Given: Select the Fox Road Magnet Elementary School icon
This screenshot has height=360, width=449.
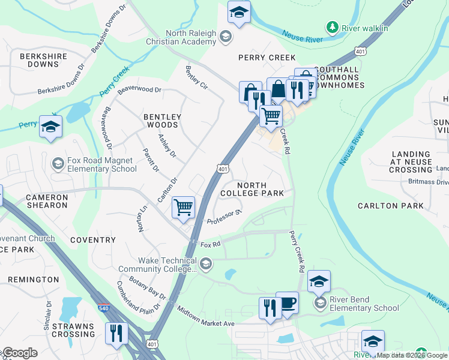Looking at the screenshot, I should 58,163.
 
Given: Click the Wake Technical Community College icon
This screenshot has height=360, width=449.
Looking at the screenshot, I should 206,264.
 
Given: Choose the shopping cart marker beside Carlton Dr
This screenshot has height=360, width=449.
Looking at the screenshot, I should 183,208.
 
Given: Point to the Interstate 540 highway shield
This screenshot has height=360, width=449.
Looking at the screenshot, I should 102,307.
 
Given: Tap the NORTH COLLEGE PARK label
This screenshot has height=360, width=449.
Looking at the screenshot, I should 252,190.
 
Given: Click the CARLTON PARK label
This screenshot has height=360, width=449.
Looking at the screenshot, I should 390,206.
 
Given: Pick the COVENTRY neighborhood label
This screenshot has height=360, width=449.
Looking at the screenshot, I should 92,240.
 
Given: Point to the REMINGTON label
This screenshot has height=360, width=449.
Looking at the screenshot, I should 34,280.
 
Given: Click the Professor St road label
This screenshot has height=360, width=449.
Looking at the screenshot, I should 224,217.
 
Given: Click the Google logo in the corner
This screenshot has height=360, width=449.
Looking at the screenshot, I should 20,353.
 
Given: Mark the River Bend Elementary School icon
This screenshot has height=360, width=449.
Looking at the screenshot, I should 321,303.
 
